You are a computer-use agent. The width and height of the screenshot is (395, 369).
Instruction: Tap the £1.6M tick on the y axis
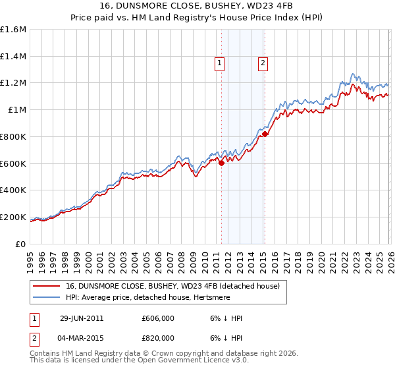pos(13,29)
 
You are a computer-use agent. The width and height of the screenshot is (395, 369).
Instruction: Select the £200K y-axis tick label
pos(13,217)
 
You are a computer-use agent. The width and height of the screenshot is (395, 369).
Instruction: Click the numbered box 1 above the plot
pos(219,63)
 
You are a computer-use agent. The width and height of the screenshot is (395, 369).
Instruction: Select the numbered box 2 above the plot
pos(263,63)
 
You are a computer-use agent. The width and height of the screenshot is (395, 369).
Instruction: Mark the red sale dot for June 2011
pos(221,163)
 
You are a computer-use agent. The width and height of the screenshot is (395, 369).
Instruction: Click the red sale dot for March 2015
pos(265,134)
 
